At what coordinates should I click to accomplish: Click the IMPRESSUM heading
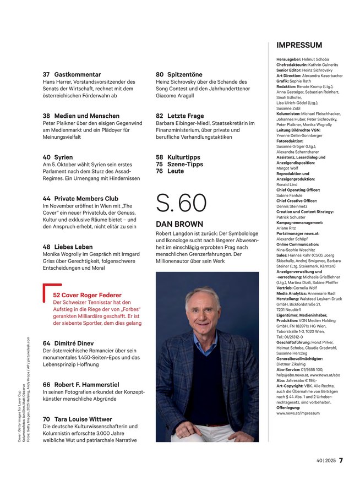click(x=299, y=45)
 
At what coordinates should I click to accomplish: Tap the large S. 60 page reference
click(x=181, y=203)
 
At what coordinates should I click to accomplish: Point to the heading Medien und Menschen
click(x=86, y=116)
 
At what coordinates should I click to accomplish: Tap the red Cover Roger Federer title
click(x=94, y=295)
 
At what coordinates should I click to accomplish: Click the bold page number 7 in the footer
click(x=341, y=460)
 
